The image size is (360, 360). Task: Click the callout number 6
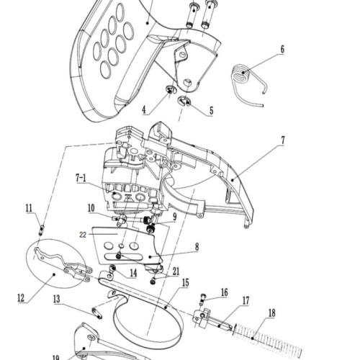pyautogui.click(x=282, y=49)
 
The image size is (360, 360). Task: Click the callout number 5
pyautogui.click(x=211, y=111)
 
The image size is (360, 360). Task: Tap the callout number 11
pyautogui.click(x=30, y=209)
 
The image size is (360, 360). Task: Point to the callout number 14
pyautogui.click(x=133, y=273)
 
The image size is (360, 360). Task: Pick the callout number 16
pyautogui.click(x=224, y=292)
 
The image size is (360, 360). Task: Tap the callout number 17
pyautogui.click(x=246, y=300)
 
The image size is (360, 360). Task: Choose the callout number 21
pyautogui.click(x=175, y=271)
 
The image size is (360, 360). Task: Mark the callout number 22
pyautogui.click(x=84, y=235)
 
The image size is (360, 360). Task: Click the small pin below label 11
pyautogui.click(x=41, y=230)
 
